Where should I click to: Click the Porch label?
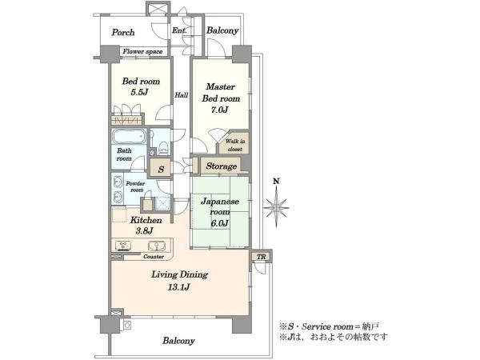[x=123, y=32]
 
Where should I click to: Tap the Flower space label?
[x=142, y=51]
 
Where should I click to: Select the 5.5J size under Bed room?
[x=139, y=92]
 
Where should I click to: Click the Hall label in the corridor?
[x=182, y=95]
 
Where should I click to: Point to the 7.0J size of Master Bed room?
[x=220, y=110]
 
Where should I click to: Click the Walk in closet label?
[x=235, y=145]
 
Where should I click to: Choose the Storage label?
[x=222, y=166]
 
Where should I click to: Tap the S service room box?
[x=161, y=168]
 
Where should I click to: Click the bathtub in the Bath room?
[x=129, y=136]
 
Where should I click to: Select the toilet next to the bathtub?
[x=163, y=147]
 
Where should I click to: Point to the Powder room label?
[x=136, y=186]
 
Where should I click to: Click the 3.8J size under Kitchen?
[x=144, y=230]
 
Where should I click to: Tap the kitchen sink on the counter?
[x=157, y=246]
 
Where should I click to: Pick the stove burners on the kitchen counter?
[x=123, y=246]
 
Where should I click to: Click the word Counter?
[x=154, y=257]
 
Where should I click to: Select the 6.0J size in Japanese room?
[x=219, y=223]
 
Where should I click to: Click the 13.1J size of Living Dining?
[x=178, y=287]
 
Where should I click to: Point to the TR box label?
[x=261, y=257]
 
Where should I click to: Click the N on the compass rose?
[x=276, y=182]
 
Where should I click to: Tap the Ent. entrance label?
[x=179, y=30]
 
